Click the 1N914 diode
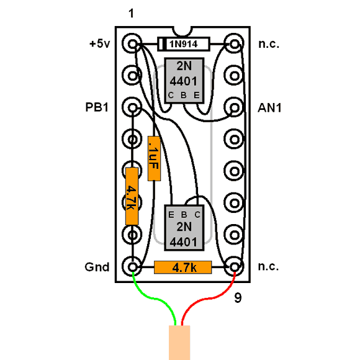(184, 44)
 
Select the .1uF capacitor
(154, 158)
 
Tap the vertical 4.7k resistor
(132, 196)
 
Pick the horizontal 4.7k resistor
(182, 268)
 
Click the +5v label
(100, 43)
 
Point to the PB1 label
(97, 107)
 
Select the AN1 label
(269, 107)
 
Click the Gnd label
(97, 267)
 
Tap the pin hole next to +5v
(132, 43)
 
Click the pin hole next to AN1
(234, 107)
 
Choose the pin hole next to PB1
(132, 107)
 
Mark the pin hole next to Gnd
(132, 267)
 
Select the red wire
(208, 299)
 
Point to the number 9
(238, 298)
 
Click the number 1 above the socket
(131, 13)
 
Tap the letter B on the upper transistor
(184, 95)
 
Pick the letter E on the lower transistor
(171, 215)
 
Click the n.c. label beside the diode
(269, 44)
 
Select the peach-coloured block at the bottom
(179, 343)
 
